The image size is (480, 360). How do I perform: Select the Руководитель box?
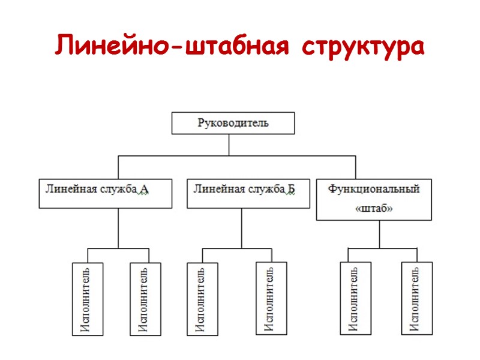pyautogui.click(x=233, y=123)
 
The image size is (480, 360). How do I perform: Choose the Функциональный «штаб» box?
pyautogui.click(x=374, y=199)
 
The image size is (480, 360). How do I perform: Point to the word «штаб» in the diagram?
pyautogui.click(x=374, y=209)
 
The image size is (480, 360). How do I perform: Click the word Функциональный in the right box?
pyautogui.click(x=374, y=189)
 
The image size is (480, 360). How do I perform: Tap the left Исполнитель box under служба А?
pyautogui.click(x=87, y=298)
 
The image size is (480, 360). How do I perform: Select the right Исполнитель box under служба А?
pyautogui.click(x=146, y=298)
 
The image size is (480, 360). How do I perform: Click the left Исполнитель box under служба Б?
pyautogui.click(x=202, y=298)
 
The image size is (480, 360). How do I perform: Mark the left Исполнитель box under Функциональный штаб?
pyautogui.click(x=355, y=298)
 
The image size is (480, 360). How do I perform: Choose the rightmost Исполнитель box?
pyautogui.click(x=417, y=298)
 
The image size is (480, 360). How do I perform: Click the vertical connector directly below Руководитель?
pyautogui.click(x=229, y=145)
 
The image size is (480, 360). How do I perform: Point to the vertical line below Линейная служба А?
pyautogui.click(x=118, y=228)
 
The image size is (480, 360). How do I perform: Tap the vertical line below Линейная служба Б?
pyautogui.click(x=242, y=228)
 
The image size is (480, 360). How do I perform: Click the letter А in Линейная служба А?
pyautogui.click(x=144, y=190)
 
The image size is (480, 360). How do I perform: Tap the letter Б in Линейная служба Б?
pyautogui.click(x=291, y=190)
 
